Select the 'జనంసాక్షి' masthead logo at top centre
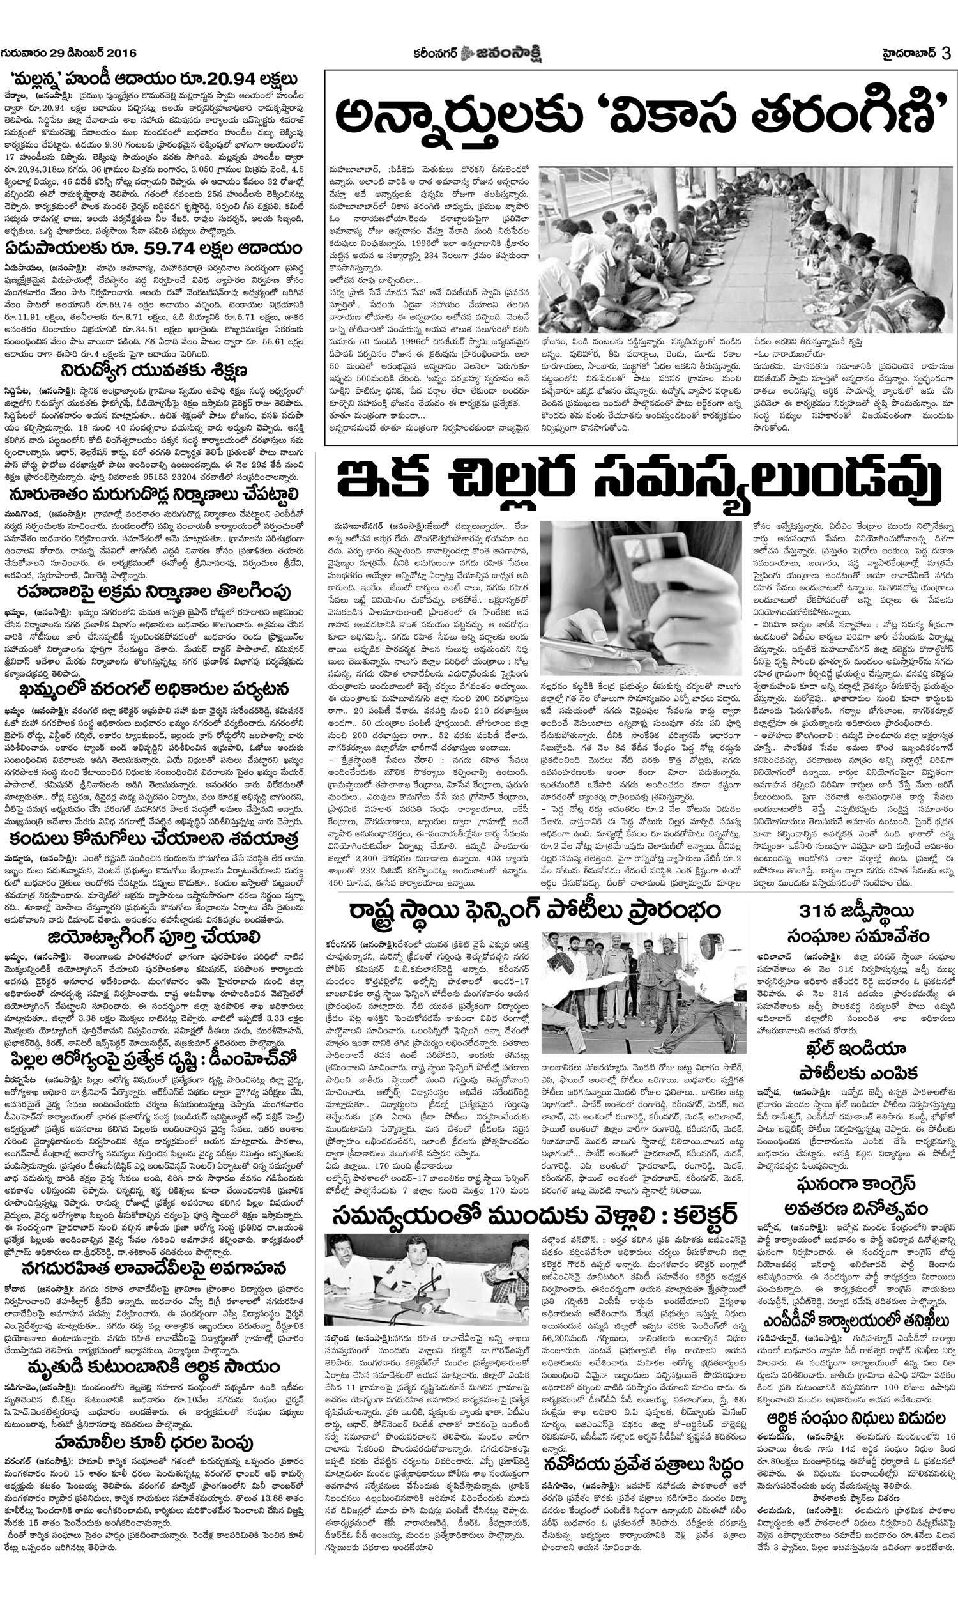[503, 52]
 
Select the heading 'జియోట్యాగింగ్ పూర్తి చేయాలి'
[153, 937]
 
